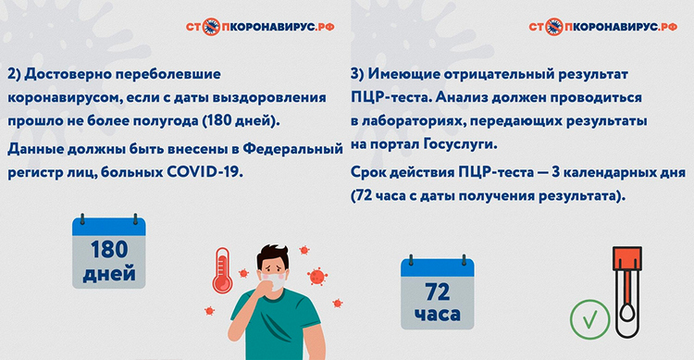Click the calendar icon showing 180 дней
coord(109,252)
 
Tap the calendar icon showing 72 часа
coord(438,292)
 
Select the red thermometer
coord(222,270)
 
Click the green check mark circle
coord(589,319)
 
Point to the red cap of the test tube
coord(627,258)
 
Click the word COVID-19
coord(204,172)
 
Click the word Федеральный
coord(293,149)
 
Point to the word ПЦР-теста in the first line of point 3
coord(389,97)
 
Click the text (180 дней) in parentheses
coord(241,121)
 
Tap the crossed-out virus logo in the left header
coord(212,27)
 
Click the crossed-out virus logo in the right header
coord(554,27)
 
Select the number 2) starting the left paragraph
coord(14,74)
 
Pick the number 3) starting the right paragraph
coord(357,74)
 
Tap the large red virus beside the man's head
coord(317,277)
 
